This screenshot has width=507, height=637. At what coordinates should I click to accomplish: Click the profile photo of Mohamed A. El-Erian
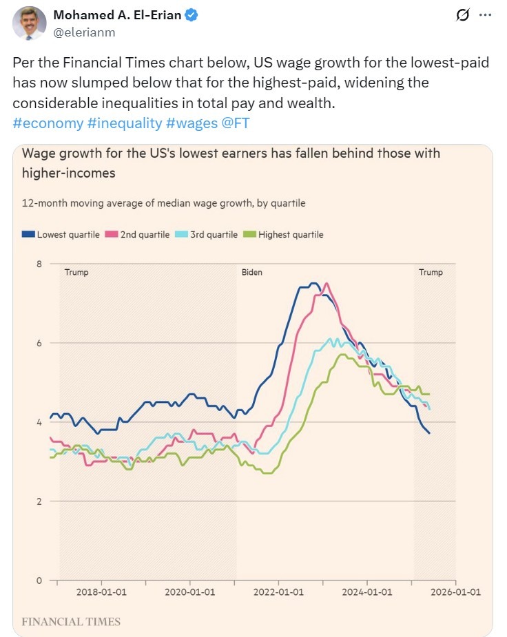click(x=30, y=23)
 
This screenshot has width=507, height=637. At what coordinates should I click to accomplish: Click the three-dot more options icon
click(x=486, y=15)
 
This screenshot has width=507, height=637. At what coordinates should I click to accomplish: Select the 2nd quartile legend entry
click(x=137, y=235)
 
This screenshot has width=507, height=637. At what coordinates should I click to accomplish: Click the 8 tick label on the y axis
click(x=39, y=264)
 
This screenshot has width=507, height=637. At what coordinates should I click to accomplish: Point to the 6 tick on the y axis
click(x=39, y=343)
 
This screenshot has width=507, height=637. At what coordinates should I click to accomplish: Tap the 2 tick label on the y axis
click(x=39, y=501)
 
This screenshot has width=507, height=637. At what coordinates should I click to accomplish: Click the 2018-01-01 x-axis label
click(x=101, y=592)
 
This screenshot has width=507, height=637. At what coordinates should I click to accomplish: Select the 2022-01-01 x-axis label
click(x=278, y=592)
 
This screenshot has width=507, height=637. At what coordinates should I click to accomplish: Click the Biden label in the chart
click(x=251, y=273)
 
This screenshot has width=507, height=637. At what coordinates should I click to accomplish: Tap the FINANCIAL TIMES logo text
click(x=72, y=622)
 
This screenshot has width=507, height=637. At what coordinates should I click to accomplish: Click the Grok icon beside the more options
click(x=463, y=15)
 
